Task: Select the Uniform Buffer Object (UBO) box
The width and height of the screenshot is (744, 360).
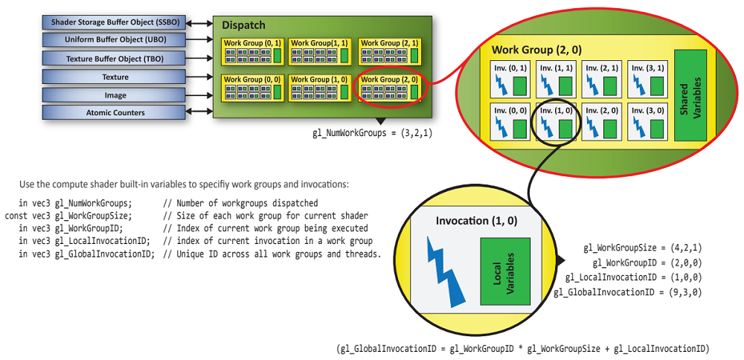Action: (x=115, y=39)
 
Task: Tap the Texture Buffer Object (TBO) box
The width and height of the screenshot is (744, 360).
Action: (x=115, y=58)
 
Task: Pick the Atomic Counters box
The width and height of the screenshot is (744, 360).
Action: (x=115, y=113)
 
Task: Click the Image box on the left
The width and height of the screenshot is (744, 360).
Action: (x=115, y=95)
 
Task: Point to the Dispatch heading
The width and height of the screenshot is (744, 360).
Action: (x=243, y=25)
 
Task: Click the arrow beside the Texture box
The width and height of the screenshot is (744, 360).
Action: (x=199, y=77)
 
